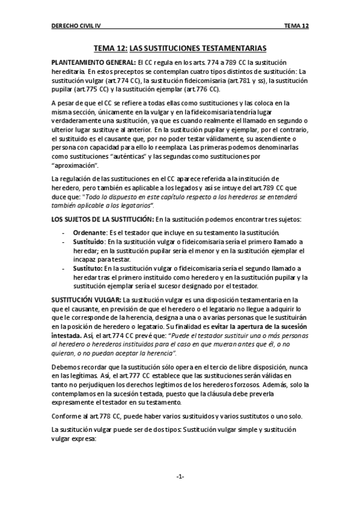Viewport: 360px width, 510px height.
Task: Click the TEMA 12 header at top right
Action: [297, 26]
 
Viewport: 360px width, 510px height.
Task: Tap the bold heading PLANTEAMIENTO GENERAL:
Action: [93, 63]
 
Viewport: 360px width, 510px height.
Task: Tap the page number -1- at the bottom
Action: [180, 477]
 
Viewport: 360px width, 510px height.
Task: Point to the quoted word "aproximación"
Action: [76, 165]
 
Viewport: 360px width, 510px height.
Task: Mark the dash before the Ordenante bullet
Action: [64, 233]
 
